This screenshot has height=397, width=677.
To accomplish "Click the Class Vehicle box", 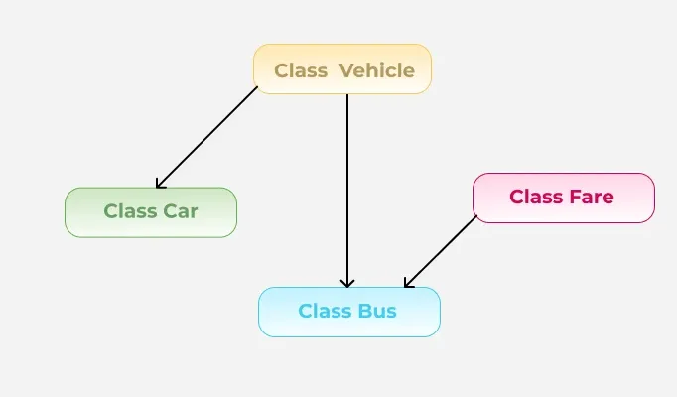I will [342, 68].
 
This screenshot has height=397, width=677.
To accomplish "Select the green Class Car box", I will [151, 212].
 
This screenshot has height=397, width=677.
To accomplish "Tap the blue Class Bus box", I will [348, 312].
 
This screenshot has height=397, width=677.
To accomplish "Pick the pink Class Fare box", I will [563, 198].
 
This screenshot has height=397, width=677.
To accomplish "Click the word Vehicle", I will [376, 70].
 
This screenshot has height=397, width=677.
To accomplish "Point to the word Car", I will [181, 211].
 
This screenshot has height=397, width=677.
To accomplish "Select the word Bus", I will [377, 312].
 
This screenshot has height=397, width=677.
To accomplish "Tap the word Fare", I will [593, 198].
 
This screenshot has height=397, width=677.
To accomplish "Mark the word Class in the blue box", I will [325, 312].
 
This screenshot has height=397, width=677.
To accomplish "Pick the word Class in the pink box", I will [537, 198].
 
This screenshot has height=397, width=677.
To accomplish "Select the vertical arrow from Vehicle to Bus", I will [347, 189].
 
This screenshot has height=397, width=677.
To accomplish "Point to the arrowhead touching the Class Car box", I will [160, 183].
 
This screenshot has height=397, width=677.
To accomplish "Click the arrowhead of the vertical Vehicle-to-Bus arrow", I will [347, 283].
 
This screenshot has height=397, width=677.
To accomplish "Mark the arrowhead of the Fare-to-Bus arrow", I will [408, 283].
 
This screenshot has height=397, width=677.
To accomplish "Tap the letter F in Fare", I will [576, 198].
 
